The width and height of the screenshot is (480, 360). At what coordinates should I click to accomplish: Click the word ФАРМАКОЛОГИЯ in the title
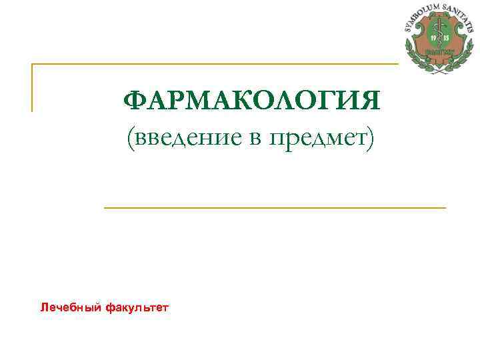coord(252,102)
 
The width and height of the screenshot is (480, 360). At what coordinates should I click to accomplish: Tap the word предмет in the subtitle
coord(317,138)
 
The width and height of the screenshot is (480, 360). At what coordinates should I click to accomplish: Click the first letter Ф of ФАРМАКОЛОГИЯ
coord(133,102)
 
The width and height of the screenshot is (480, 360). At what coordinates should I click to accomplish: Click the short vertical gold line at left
coord(32,87)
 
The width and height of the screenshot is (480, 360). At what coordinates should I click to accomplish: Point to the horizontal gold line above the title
coord(213,64)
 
